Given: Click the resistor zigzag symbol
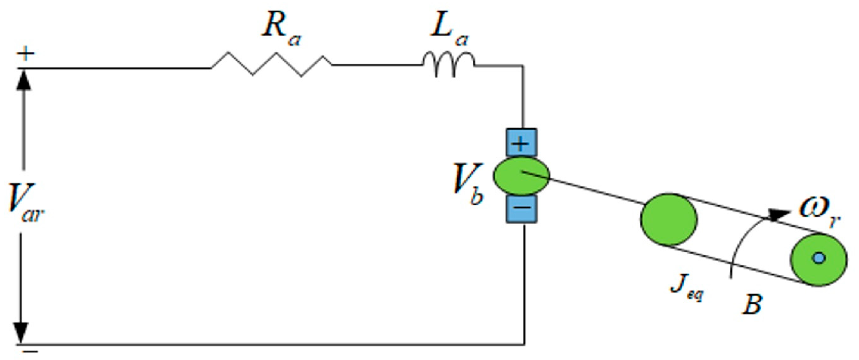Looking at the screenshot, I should pyautogui.click(x=272, y=64).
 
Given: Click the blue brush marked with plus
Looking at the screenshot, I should pyautogui.click(x=521, y=143).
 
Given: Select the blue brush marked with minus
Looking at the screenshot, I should pyautogui.click(x=522, y=208).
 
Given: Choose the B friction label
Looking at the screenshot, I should pyautogui.click(x=752, y=304).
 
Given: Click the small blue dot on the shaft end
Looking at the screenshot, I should pyautogui.click(x=819, y=258).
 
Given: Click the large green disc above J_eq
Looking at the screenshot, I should pyautogui.click(x=669, y=219).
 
